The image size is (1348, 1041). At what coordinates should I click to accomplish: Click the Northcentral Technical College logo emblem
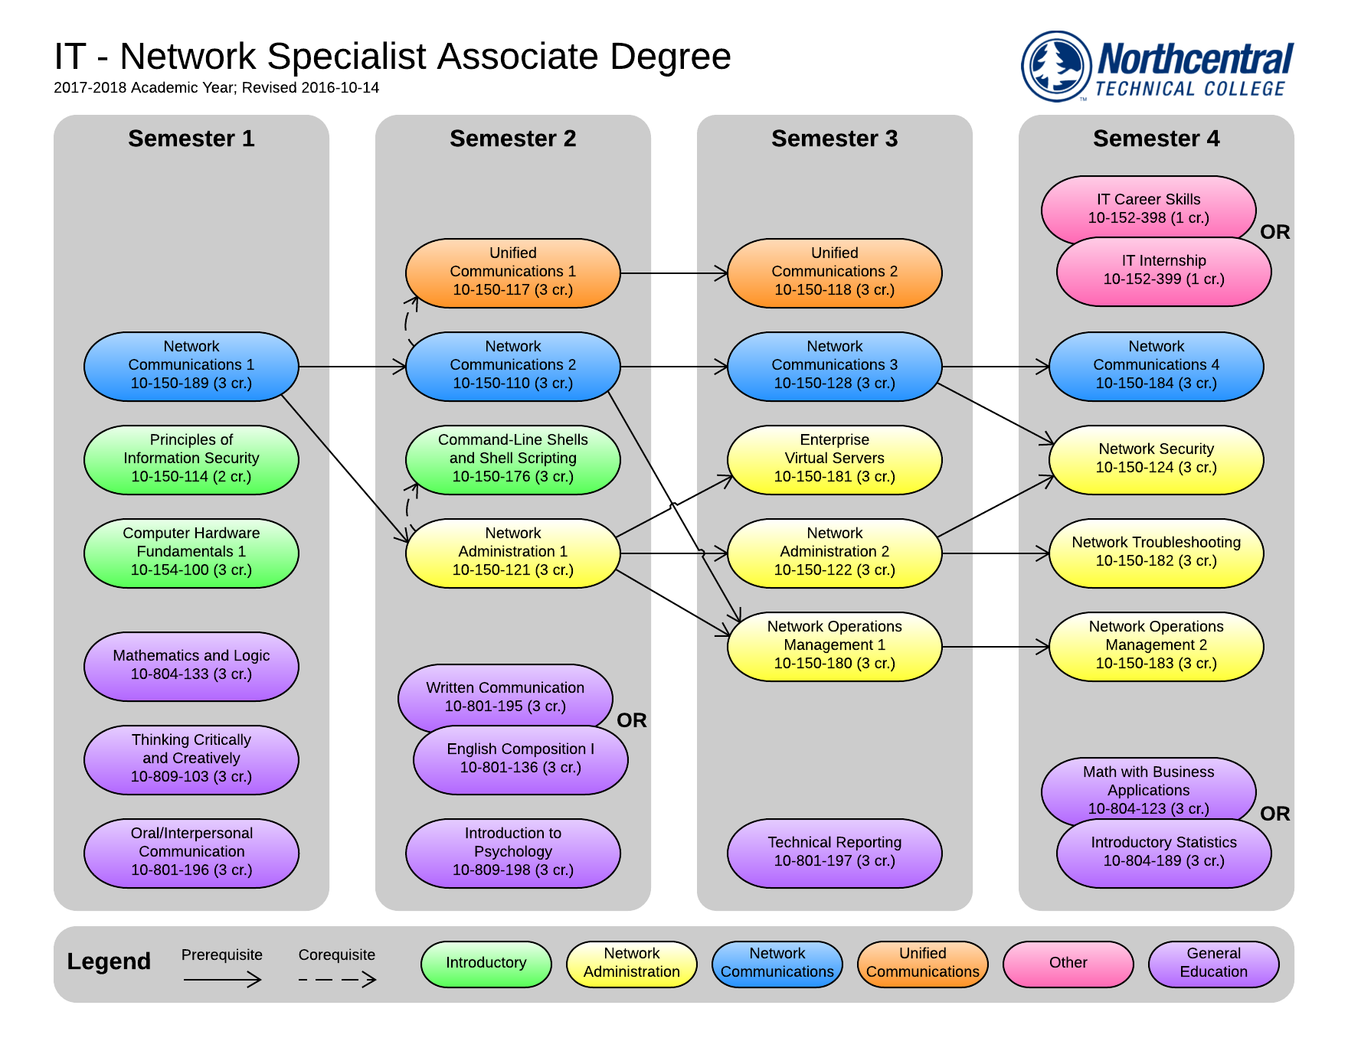[x=1057, y=66]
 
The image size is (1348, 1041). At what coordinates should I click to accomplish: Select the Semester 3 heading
[x=834, y=139]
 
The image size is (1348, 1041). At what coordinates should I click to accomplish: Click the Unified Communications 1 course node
[x=512, y=272]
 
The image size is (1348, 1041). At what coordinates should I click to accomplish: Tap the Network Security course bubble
[x=1156, y=459]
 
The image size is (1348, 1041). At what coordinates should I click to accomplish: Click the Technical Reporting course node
[x=834, y=853]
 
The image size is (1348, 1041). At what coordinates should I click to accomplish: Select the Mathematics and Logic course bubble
[x=191, y=666]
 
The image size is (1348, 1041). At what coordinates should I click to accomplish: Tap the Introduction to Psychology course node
[x=512, y=853]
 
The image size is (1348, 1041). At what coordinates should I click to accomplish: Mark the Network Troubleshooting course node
[x=1156, y=553]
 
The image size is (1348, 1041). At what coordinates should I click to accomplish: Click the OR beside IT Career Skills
[x=1274, y=232]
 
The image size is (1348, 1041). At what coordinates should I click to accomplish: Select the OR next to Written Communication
[x=631, y=720]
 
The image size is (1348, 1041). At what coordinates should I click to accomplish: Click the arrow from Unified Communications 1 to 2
[x=674, y=272]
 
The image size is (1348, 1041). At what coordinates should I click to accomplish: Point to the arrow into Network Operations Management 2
[x=996, y=647]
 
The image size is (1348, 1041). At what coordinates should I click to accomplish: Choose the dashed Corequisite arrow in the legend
[x=337, y=980]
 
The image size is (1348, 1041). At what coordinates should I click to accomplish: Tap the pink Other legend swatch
[x=1068, y=964]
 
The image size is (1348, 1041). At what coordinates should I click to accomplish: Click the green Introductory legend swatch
[x=486, y=964]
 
